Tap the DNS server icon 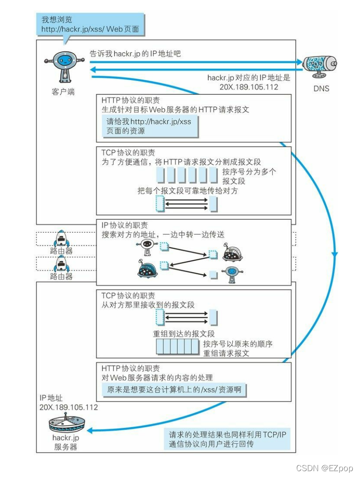pos(320,66)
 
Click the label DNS pos(321,89)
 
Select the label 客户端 pos(63,92)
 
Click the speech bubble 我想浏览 pos(90,25)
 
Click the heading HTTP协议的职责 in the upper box pos(130,100)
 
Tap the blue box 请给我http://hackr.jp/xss pos(148,126)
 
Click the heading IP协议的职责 pos(125,225)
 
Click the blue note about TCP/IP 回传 pos(227,439)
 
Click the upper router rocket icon pos(61,239)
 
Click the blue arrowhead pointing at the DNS pos(298,62)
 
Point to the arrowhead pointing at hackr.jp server pos(90,430)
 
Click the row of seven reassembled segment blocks pos(177,347)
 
